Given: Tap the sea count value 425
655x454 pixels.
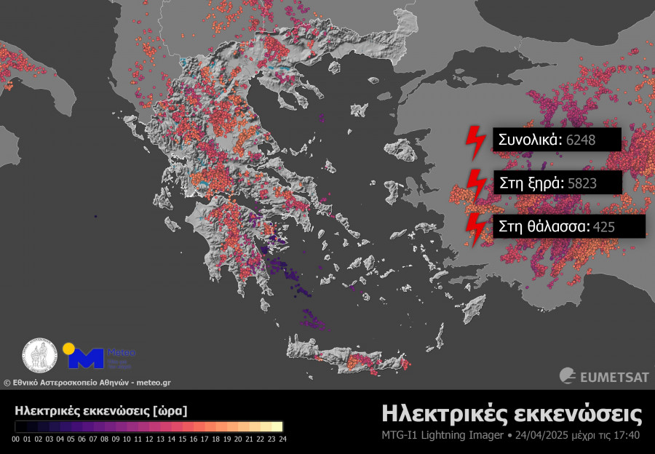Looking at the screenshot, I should pyautogui.click(x=604, y=226).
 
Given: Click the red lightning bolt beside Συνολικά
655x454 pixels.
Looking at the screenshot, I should pyautogui.click(x=476, y=143).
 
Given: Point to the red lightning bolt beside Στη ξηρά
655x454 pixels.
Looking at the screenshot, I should pyautogui.click(x=476, y=186).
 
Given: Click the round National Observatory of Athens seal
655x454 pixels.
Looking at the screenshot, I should pyautogui.click(x=41, y=357).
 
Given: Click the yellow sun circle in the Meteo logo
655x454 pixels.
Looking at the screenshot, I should pyautogui.click(x=68, y=348).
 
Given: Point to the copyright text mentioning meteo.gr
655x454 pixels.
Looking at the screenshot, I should pyautogui.click(x=87, y=382).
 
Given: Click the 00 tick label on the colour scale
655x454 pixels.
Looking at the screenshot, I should pyautogui.click(x=16, y=439).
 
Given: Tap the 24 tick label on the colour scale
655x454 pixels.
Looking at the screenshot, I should pyautogui.click(x=282, y=439).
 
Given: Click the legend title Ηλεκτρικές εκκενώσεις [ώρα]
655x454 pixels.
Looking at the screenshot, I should pyautogui.click(x=100, y=411).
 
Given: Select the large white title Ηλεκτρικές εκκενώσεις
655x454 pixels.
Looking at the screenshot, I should pyautogui.click(x=512, y=414).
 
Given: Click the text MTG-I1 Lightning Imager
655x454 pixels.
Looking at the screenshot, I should pyautogui.click(x=442, y=436).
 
